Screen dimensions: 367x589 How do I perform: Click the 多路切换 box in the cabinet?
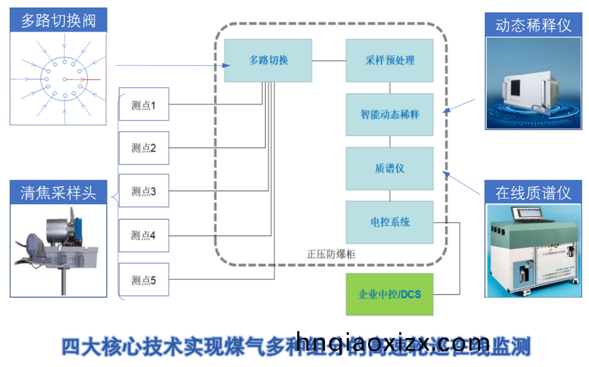pos(268,60)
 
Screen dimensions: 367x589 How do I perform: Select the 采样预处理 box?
pos(389,60)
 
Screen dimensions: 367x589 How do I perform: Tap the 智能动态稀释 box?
pos(389,114)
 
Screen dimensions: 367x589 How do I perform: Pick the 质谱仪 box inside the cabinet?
pos(389,168)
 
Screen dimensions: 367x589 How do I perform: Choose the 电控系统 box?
pos(389,222)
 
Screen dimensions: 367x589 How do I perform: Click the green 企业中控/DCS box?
pos(389,295)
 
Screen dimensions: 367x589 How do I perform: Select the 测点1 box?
pos(144,104)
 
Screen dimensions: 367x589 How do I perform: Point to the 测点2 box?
pos(144,148)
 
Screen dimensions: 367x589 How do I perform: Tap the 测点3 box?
pos(144,191)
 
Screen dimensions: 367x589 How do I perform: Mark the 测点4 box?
pos(144,236)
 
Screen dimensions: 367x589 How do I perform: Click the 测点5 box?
pos(144,280)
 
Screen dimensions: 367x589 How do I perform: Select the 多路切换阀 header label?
pos(58,21)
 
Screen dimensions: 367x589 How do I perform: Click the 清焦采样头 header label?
pos(58,192)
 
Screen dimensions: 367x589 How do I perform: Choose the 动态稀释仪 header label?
pos(533,26)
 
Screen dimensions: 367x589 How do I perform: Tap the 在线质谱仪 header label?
pos(533,192)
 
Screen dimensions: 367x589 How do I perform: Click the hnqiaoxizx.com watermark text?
pos(393,343)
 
